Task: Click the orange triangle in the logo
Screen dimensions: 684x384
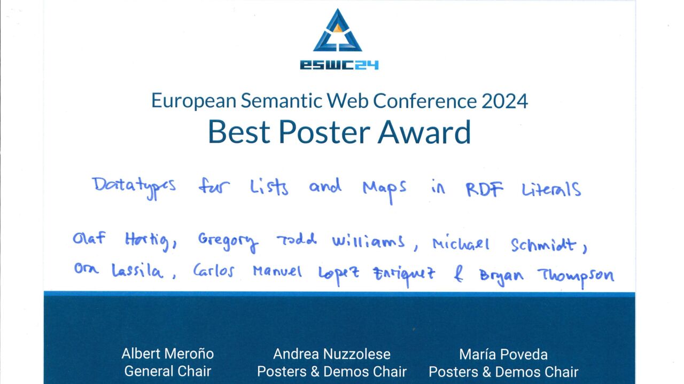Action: point(338,29)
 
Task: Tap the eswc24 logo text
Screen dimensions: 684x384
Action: point(339,65)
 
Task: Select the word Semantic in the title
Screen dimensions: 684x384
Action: point(281,101)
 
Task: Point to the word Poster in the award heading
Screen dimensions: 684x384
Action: point(324,132)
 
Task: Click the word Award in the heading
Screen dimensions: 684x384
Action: point(424,132)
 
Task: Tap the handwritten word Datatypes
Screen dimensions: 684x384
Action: point(134,187)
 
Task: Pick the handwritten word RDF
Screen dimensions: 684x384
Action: point(484,189)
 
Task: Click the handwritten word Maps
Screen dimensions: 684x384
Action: point(384,190)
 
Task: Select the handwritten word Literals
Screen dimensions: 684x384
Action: point(551,189)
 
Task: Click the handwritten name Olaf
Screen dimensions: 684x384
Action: point(89,238)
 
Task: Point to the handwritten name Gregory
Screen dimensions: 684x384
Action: point(228,242)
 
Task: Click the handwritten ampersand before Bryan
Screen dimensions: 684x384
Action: point(458,273)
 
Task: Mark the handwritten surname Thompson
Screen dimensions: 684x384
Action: point(576,276)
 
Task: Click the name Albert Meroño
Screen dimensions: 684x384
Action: point(168,354)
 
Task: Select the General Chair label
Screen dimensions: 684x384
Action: point(168,371)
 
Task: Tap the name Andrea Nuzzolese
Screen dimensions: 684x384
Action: point(332,354)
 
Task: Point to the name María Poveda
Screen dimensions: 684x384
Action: point(503,355)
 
